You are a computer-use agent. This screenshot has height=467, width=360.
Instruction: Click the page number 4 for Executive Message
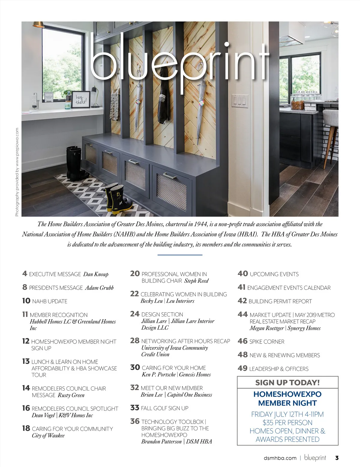[25, 274]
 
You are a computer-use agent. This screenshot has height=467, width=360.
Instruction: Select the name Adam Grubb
[99, 288]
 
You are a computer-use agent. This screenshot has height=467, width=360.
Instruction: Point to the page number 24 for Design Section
[135, 314]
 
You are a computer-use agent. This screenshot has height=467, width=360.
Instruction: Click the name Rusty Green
[71, 395]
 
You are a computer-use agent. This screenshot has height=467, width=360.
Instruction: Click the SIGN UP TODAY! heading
[287, 382]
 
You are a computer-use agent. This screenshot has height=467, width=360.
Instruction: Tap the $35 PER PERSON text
[287, 423]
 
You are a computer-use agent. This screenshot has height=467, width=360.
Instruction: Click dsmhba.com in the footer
[280, 458]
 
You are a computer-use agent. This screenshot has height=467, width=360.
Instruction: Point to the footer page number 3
[337, 458]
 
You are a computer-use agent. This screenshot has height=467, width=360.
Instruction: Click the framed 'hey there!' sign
[81, 99]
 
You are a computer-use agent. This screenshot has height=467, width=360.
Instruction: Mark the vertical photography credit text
[17, 172]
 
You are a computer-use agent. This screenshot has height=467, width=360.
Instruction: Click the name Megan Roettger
[267, 328]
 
